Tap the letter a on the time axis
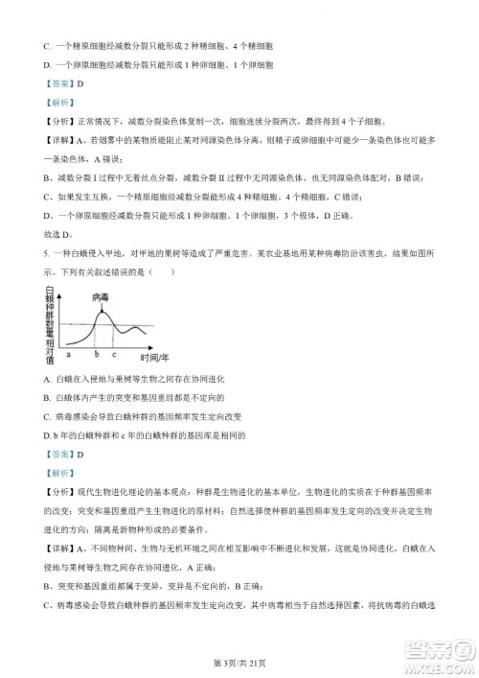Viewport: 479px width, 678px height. click(68, 355)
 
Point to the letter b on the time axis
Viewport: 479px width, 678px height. click(97, 355)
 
